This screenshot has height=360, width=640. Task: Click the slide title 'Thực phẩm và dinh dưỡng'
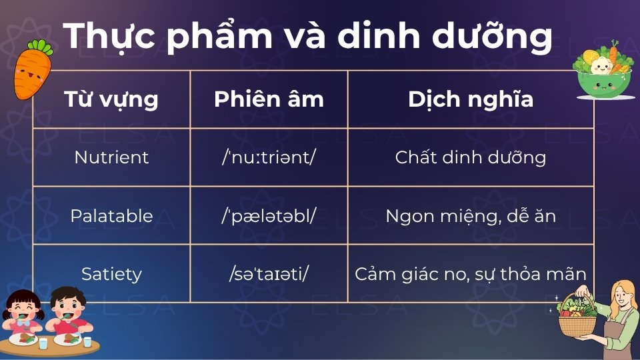(x=308, y=37)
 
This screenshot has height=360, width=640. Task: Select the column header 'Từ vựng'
(x=111, y=99)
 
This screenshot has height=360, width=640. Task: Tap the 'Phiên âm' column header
(x=269, y=99)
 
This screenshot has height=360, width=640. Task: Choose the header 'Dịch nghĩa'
(x=471, y=99)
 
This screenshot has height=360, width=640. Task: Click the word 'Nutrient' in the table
(x=111, y=157)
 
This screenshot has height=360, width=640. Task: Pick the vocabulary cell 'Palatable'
(x=111, y=216)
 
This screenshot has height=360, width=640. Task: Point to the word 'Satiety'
(x=111, y=274)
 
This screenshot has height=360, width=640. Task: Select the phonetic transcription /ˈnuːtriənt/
(x=269, y=157)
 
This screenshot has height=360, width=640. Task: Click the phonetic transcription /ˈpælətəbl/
(x=269, y=216)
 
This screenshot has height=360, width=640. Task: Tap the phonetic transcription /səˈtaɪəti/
(x=269, y=274)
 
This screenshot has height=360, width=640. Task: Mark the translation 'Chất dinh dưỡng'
(x=471, y=157)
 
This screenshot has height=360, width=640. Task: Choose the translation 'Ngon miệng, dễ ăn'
(x=471, y=216)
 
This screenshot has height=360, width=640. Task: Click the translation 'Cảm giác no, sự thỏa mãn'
(x=471, y=274)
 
